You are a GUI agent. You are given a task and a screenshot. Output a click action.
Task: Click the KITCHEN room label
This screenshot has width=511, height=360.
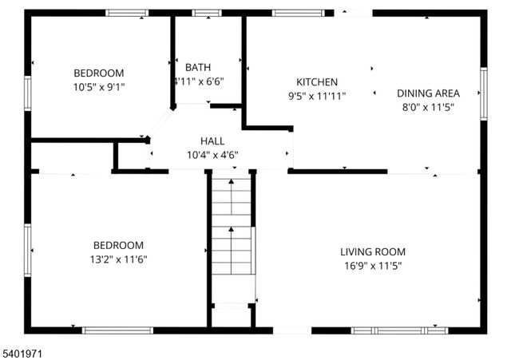coord(317,82)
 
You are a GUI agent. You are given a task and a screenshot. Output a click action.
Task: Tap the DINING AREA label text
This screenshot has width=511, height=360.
coord(428,93)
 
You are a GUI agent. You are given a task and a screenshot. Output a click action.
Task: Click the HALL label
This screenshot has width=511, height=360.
coord(212,141)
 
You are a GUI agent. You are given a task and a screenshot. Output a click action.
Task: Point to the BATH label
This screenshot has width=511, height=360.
coord(198,67)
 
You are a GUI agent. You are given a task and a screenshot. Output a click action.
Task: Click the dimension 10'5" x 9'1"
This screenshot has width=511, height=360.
coord(99,86)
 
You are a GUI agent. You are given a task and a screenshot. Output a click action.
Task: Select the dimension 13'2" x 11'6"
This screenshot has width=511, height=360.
coord(118,259)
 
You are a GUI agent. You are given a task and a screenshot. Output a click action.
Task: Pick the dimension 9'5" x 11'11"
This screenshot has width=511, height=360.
coord(317,96)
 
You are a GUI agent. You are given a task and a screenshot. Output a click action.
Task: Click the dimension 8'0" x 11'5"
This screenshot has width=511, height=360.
coord(428,107)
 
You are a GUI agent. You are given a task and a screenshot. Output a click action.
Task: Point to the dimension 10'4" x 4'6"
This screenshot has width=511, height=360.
coord(212,155)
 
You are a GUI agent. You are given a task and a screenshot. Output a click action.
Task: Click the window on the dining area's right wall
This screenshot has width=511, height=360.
coord(484,93)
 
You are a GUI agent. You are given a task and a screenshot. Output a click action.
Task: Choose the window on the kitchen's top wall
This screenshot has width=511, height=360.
coord(299,13)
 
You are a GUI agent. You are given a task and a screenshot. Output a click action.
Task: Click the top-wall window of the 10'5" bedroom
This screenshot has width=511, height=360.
coord(127,13)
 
